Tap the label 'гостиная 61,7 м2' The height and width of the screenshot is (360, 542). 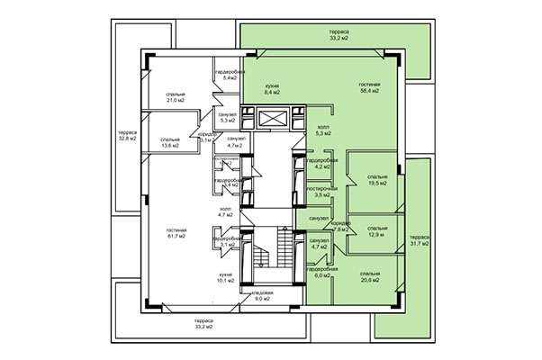point(176,233)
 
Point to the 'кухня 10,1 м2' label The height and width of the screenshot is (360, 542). point(226,276)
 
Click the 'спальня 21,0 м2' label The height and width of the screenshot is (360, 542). point(176,96)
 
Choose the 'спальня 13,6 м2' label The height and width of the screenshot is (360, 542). point(169,143)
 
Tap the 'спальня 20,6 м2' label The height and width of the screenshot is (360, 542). point(369,276)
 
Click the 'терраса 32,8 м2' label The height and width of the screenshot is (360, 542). point(128,136)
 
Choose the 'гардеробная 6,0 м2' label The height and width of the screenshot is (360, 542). point(321,273)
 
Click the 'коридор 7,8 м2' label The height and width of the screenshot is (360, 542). point(339,226)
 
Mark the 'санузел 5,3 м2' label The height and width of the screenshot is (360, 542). point(227,117)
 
